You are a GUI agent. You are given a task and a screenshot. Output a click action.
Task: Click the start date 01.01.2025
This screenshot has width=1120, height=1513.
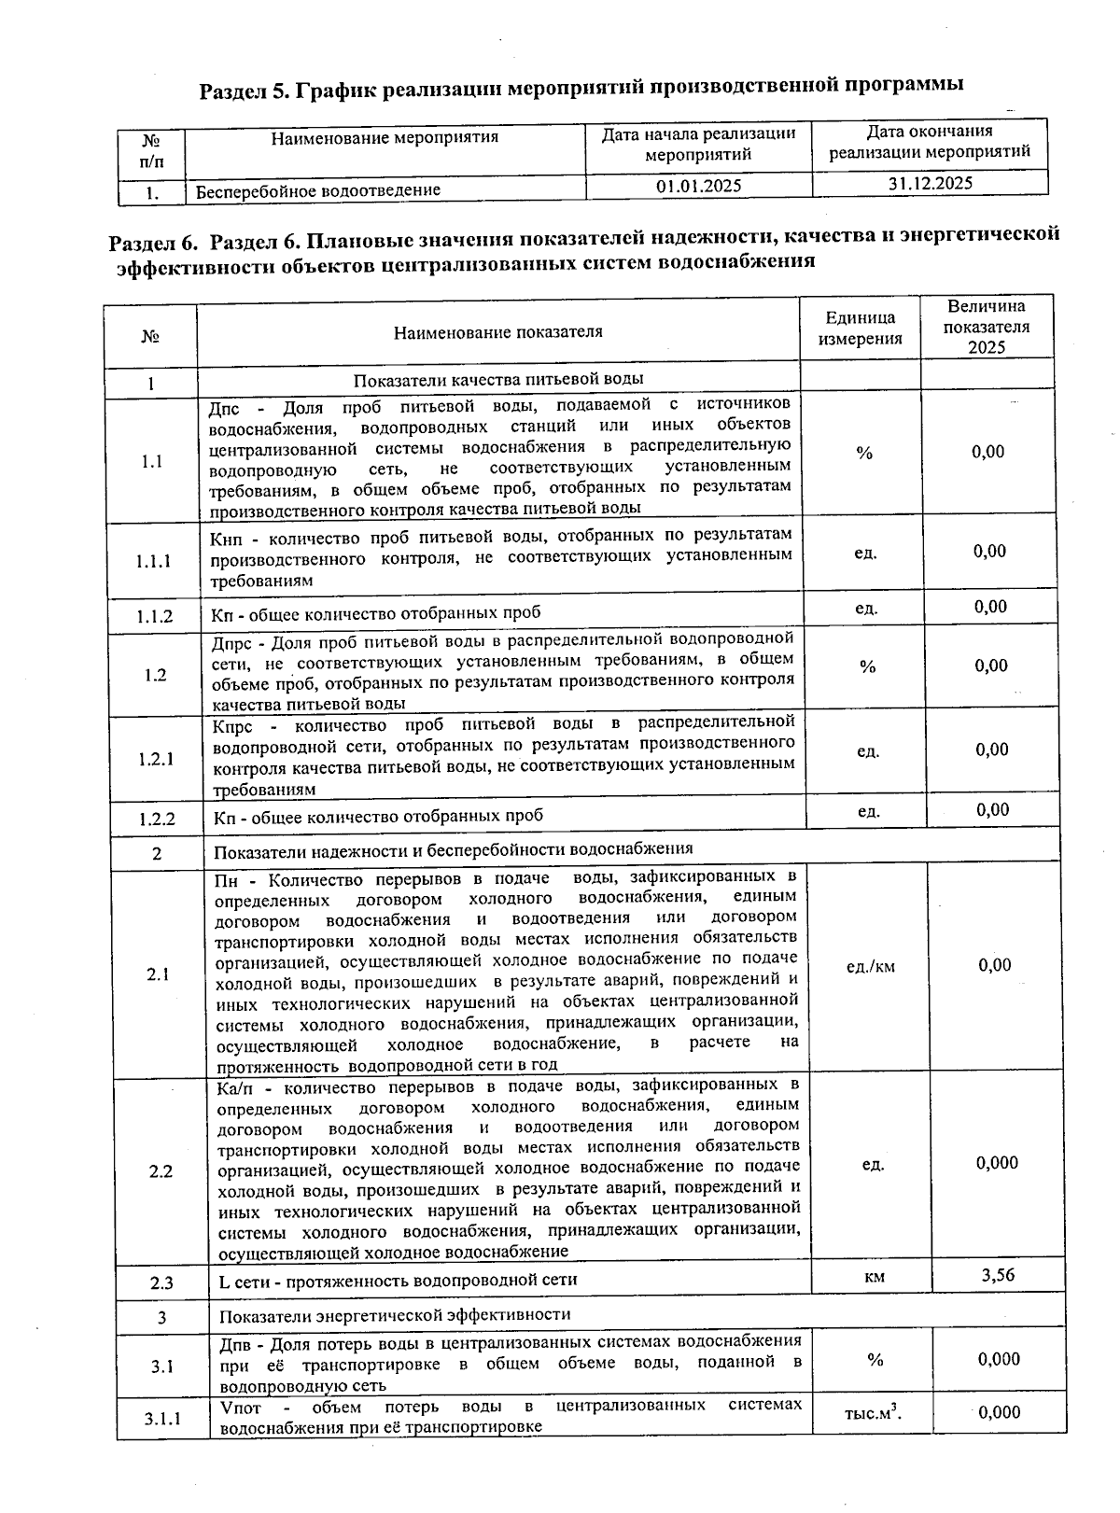click(x=698, y=186)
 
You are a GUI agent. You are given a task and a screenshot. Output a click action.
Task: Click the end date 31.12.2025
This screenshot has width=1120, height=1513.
click(x=930, y=184)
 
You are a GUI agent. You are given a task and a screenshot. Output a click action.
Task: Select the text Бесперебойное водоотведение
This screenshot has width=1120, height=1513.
click(x=317, y=190)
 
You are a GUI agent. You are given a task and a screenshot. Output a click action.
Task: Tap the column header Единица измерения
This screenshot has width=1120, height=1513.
click(x=860, y=329)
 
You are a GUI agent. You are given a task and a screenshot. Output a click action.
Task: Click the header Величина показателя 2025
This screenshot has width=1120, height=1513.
click(x=986, y=327)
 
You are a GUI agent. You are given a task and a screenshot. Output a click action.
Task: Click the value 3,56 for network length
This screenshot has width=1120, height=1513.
click(x=998, y=1275)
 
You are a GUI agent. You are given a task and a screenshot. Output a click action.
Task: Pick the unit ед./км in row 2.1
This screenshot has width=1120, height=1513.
click(x=870, y=967)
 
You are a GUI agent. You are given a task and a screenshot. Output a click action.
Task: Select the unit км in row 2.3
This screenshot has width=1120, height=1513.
click(x=875, y=1277)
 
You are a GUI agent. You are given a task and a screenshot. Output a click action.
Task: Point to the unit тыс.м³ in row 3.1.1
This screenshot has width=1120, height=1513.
click(x=873, y=1414)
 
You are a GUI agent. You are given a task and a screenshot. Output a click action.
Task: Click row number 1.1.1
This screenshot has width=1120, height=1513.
click(x=153, y=561)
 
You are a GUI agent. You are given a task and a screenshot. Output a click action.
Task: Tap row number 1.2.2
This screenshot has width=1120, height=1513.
click(x=157, y=820)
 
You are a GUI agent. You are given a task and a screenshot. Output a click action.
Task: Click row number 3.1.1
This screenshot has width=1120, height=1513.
click(x=162, y=1420)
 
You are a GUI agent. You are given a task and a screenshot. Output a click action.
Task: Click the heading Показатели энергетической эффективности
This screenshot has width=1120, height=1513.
click(x=394, y=1315)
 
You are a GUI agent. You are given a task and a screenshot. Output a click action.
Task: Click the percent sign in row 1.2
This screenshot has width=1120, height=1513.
click(x=867, y=666)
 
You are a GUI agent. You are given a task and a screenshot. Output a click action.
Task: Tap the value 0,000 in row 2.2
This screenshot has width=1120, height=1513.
click(x=997, y=1163)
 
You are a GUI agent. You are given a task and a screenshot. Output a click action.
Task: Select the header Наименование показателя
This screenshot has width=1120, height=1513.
click(x=497, y=332)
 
